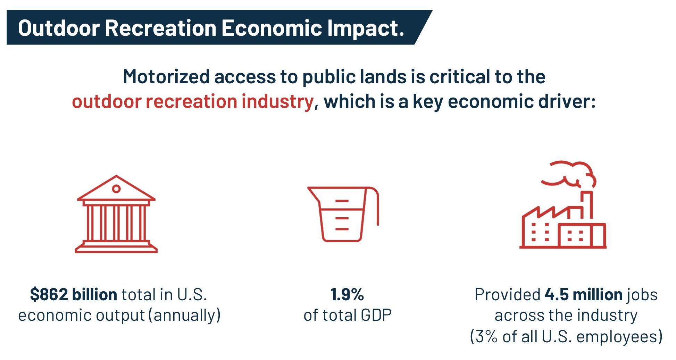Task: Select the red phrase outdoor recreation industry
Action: click(x=193, y=102)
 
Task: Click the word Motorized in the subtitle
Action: click(x=166, y=77)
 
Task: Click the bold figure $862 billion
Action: click(x=73, y=295)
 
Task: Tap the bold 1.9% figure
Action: click(x=347, y=295)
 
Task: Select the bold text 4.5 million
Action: click(x=583, y=295)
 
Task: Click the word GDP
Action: click(x=376, y=315)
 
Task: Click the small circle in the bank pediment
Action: click(x=116, y=189)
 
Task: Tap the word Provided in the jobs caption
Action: click(x=507, y=295)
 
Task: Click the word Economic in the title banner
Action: click(x=271, y=28)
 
